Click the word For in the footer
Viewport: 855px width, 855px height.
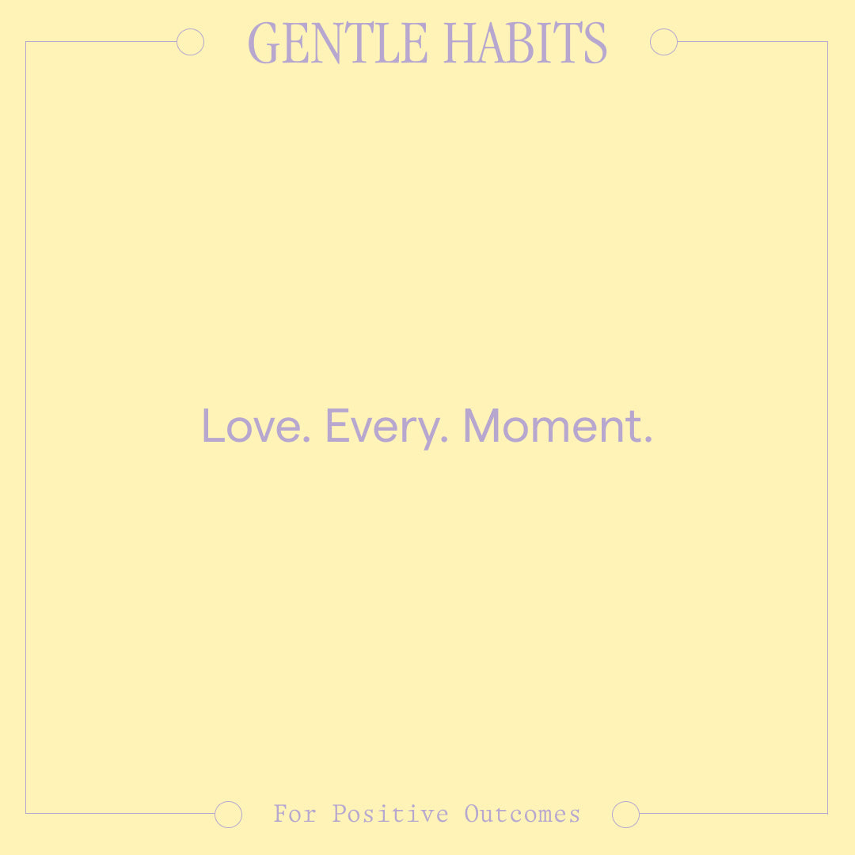tap(294, 814)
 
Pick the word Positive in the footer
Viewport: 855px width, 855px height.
tap(390, 814)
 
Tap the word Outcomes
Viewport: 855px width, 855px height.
tap(522, 814)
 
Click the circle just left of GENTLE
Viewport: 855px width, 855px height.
tap(190, 42)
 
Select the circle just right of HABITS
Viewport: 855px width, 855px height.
tap(663, 42)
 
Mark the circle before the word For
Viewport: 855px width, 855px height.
tap(228, 814)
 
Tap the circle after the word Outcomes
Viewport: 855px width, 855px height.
tap(625, 814)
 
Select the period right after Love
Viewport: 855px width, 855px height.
tap(306, 439)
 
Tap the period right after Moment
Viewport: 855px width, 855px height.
tap(648, 439)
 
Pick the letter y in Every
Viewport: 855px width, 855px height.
tap(427, 431)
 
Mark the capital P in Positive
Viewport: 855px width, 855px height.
tap(340, 814)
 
